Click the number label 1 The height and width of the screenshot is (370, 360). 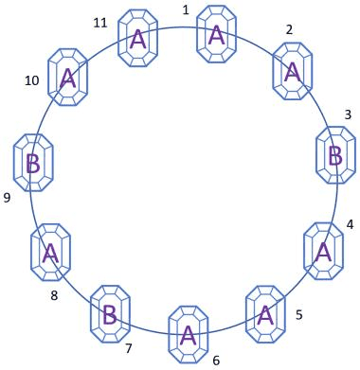point(186,10)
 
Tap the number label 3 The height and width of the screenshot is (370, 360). point(348,115)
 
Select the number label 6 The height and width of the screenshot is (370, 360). point(216,361)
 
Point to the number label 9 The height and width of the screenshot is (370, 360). point(7,198)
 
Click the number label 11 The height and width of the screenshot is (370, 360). point(100,23)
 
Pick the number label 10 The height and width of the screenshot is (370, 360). point(32,81)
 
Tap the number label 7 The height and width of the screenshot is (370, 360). point(128,349)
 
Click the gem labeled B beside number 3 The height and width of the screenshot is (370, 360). point(336,155)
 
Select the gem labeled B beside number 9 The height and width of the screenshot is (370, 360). point(33,163)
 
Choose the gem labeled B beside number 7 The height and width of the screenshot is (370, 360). point(110,314)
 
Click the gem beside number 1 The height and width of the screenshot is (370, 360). point(216,34)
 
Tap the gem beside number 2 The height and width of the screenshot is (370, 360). point(293,71)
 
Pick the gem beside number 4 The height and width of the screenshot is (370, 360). point(323,251)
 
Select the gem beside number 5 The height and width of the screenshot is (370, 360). point(265,314)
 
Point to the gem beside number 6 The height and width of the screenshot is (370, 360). point(189,335)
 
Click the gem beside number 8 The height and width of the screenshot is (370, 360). point(50,253)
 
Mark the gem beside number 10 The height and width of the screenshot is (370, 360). point(67,78)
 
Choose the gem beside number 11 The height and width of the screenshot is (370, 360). point(137,38)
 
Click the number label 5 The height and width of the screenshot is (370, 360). point(299,315)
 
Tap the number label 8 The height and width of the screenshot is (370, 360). point(54,296)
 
